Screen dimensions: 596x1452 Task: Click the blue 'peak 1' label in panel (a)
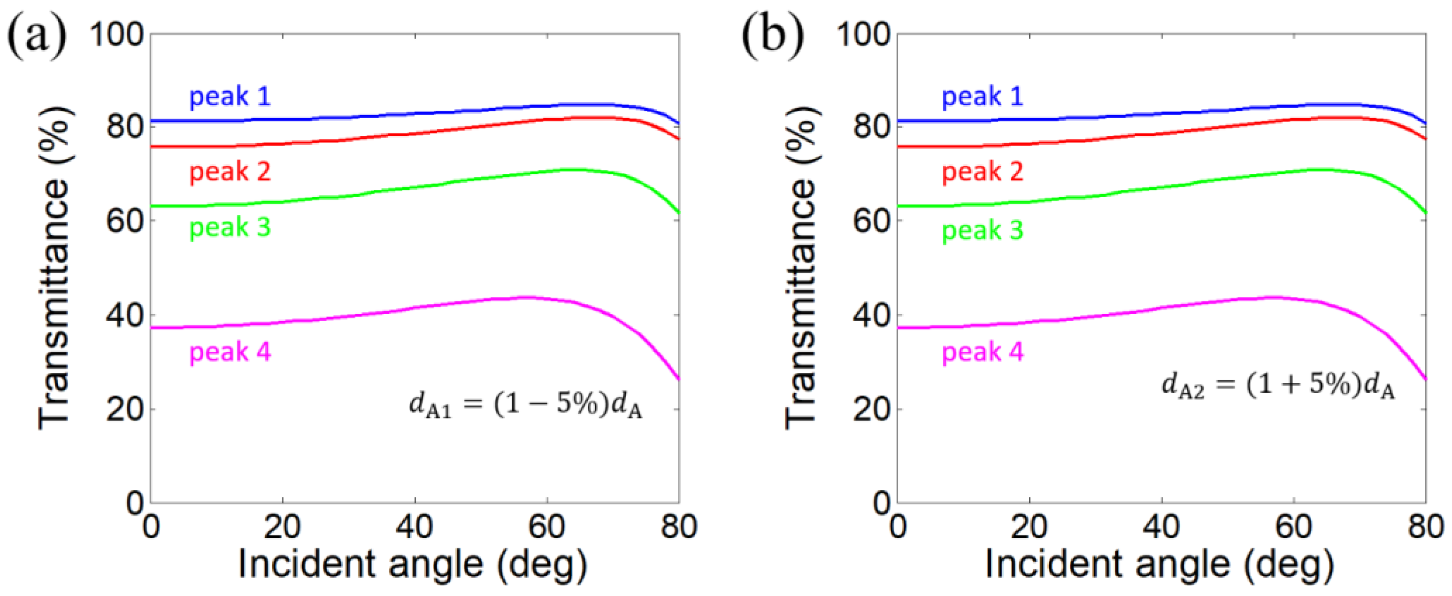click(230, 96)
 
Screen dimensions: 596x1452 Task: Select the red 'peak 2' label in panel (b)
click(983, 171)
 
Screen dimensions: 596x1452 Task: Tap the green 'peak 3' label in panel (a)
click(230, 228)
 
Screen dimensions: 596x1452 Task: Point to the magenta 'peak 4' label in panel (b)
click(983, 352)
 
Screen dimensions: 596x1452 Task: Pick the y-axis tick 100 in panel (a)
click(117, 35)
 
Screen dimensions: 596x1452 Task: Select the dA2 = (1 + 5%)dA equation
click(1278, 386)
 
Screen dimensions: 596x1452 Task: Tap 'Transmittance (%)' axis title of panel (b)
click(801, 268)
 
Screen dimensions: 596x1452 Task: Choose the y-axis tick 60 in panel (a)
click(123, 221)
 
